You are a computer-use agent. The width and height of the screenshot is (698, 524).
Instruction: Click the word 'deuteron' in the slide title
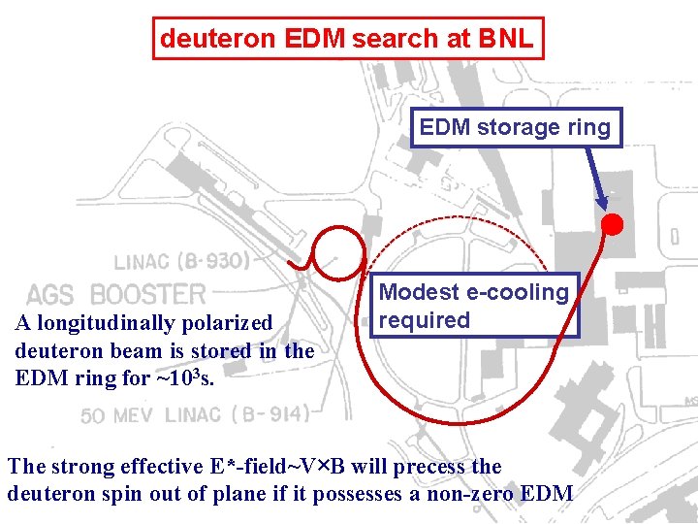tap(205, 39)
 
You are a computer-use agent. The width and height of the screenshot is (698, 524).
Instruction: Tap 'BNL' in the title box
tap(505, 39)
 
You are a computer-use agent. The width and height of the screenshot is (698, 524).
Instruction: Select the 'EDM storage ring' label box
tap(515, 127)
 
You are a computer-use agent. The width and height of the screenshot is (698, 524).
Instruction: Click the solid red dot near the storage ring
tap(613, 226)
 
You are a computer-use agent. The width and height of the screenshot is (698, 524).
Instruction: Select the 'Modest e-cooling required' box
tap(474, 306)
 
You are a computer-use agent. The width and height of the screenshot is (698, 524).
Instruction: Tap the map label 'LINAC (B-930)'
tap(182, 261)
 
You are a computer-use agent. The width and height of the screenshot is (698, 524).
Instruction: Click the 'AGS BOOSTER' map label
tap(116, 294)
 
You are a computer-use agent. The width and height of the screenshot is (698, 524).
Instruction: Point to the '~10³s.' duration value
tap(184, 377)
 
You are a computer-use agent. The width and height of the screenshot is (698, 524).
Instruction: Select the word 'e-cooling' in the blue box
tap(517, 292)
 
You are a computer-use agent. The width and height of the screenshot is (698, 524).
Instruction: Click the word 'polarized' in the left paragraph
tap(229, 323)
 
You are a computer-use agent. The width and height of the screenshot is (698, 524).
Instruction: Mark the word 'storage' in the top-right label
tap(521, 127)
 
